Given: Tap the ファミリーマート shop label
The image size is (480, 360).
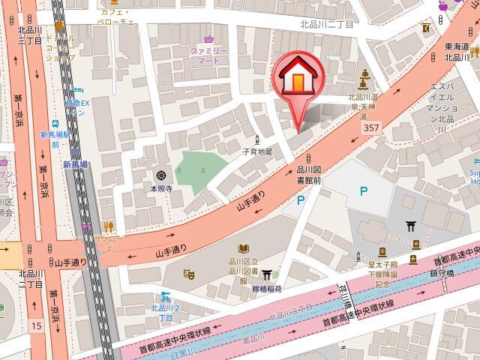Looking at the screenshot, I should point(208,55).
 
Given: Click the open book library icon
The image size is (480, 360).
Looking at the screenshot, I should point(244,249).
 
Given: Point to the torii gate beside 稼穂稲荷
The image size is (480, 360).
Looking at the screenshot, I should point(266,275).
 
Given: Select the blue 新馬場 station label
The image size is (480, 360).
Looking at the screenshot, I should point(75,164).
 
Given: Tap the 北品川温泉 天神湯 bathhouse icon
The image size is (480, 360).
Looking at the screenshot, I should point(366,74).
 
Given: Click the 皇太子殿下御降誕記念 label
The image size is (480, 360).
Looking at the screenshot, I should point(382,274).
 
